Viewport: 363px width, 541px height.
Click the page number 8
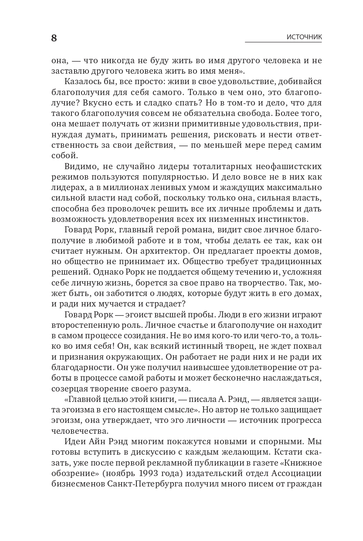[x=54, y=38]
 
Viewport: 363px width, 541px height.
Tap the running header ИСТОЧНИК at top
[x=304, y=37]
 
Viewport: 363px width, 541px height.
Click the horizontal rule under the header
[x=283, y=43]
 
